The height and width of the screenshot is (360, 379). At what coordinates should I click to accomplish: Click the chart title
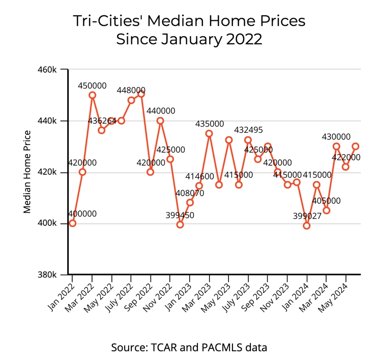click(189, 29)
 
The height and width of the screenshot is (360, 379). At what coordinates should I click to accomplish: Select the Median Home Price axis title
click(28, 172)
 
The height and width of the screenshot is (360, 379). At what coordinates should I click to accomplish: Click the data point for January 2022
click(73, 223)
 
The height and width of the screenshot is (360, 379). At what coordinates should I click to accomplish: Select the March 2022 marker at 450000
click(92, 95)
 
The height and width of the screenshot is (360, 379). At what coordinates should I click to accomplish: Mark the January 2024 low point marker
click(307, 226)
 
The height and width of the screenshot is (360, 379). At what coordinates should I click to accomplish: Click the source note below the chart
click(189, 348)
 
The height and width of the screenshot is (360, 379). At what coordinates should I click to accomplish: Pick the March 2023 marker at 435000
click(209, 133)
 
